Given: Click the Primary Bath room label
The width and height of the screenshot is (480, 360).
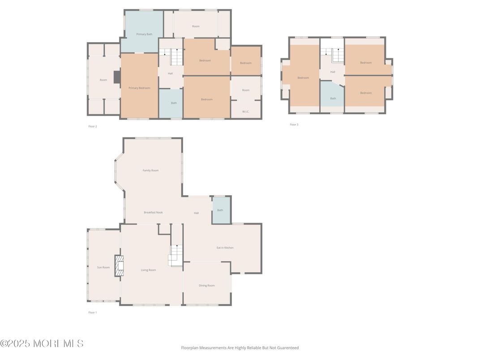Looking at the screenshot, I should pos(144,34).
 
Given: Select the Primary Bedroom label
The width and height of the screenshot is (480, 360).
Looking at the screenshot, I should pos(139,88).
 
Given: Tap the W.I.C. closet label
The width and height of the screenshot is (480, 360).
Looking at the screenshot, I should pos(246,111).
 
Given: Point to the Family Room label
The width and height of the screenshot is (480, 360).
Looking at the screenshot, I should pos(150,171).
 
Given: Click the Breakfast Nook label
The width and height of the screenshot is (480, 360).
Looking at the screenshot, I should pos(153,212).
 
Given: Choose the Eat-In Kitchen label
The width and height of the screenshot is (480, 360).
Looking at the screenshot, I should pos(225,248).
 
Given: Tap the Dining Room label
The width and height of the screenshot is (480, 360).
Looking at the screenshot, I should pos(207,285).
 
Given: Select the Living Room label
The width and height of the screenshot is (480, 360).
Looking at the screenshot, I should pos(148,270).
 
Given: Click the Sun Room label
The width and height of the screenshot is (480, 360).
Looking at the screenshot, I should pos(103,267).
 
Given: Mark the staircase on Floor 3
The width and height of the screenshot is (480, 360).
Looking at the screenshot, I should pos(337,56).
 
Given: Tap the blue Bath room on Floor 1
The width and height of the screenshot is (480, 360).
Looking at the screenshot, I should pos(220,210).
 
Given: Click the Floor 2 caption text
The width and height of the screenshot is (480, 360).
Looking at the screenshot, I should pos(93,126).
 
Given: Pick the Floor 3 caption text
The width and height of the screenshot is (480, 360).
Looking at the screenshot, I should pos(294,124).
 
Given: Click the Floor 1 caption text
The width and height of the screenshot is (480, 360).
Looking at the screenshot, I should pos(92,313).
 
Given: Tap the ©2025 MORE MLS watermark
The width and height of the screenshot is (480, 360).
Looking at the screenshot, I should pos(42,344).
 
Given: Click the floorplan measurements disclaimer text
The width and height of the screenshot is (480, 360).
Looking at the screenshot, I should pos(240,347).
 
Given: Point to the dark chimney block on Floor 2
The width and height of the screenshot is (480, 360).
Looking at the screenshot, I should pos(117,77).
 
